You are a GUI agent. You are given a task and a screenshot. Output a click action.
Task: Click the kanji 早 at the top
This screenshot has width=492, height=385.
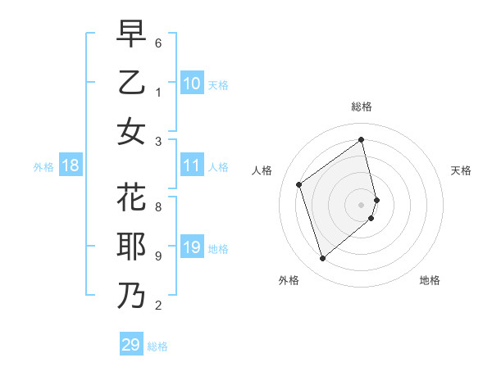pos(131,35)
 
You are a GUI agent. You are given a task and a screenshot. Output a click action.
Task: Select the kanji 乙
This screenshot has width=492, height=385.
pos(131,83)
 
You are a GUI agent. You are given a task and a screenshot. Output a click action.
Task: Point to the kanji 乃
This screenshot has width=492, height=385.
pos(131,295)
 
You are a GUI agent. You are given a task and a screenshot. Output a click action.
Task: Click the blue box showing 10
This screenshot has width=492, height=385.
pos(192,84)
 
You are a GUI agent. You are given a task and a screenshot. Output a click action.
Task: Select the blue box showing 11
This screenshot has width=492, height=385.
pos(192,166)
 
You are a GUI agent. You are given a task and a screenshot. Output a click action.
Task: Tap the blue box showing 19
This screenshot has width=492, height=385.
pos(192,247)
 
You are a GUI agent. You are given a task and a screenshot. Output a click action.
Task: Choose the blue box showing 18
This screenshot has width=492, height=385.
pos(71,166)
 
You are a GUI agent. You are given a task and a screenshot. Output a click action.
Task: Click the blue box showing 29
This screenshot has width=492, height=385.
pos(130,345)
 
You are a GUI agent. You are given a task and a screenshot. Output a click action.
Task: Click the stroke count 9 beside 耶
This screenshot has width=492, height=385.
pos(158,256)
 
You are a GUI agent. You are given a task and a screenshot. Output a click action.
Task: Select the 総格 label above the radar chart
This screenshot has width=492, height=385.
pos(362,106)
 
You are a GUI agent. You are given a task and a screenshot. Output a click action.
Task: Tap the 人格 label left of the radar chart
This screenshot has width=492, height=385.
pos(262,170)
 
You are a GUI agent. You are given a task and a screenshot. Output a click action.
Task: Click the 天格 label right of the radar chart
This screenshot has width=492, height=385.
pos(461,170)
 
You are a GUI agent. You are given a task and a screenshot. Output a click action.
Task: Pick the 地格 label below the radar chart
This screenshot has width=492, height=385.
pos(430,280)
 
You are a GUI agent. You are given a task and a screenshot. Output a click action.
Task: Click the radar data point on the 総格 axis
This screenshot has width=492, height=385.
pos(362,140)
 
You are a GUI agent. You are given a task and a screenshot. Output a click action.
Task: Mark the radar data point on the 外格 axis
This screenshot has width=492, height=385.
pos(322,259)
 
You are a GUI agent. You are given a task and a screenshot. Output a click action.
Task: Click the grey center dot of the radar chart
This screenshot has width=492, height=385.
pos(362,204)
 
